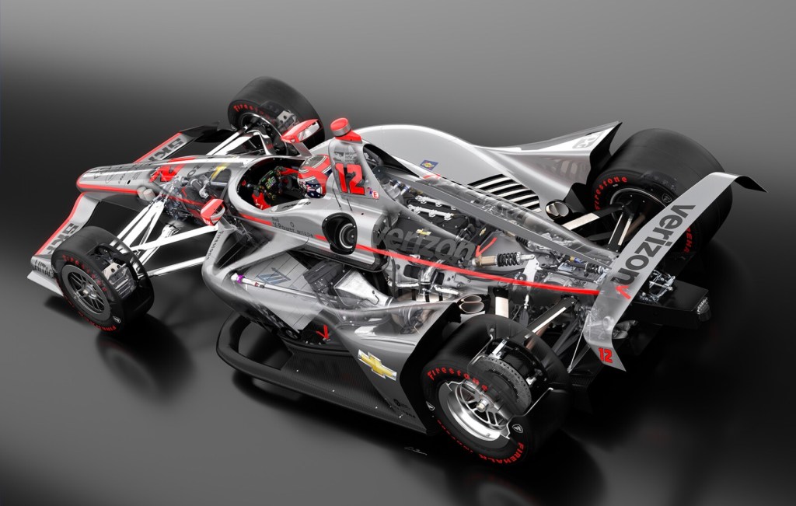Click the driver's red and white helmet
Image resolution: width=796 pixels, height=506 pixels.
(x=313, y=176)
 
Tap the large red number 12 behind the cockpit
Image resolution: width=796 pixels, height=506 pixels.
(x=351, y=179)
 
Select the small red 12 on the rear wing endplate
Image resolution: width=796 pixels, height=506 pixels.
(x=606, y=355)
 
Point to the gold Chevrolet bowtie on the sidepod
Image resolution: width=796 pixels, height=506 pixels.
(x=376, y=365)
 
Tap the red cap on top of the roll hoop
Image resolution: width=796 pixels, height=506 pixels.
(x=340, y=127)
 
